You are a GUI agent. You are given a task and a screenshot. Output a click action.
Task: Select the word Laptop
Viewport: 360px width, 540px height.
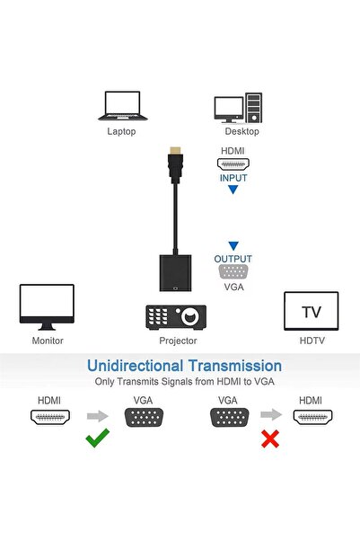point(122,131)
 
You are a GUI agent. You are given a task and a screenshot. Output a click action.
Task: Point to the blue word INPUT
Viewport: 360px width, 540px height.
point(233,178)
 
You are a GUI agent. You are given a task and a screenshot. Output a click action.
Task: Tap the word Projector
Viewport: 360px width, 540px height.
point(178,341)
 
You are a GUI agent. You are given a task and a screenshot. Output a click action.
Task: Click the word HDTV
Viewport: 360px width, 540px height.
point(311,341)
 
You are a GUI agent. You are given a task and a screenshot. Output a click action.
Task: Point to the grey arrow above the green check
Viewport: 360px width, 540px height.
point(97,416)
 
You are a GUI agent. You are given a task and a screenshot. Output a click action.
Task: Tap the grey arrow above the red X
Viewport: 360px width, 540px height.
point(267,416)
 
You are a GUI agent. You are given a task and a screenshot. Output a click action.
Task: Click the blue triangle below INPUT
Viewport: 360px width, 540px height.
point(233,190)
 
